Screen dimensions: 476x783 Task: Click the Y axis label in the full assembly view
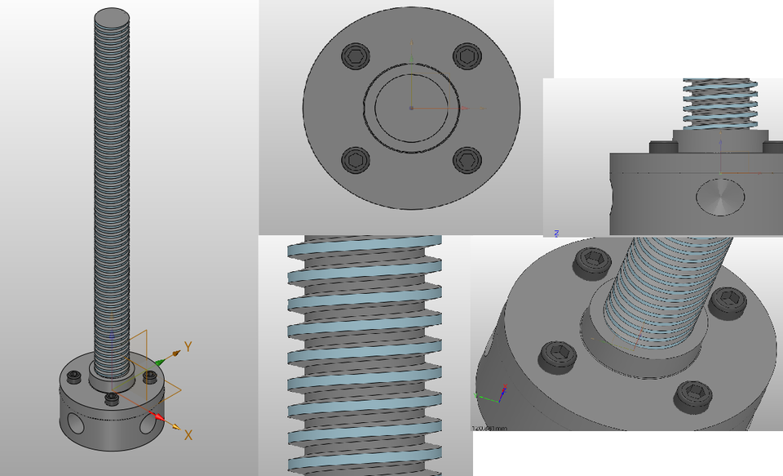click(188, 347)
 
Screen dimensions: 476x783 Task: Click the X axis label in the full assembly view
click(188, 435)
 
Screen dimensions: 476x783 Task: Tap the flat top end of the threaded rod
click(113, 16)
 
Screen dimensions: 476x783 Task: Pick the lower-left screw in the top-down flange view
click(356, 159)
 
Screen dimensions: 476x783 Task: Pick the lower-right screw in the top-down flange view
click(466, 159)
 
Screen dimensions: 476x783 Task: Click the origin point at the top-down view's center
click(411, 108)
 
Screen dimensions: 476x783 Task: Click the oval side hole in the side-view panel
click(720, 196)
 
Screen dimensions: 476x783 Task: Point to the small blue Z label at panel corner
click(556, 233)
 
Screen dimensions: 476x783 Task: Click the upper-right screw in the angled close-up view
click(725, 302)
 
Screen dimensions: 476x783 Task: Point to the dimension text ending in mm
click(490, 427)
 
